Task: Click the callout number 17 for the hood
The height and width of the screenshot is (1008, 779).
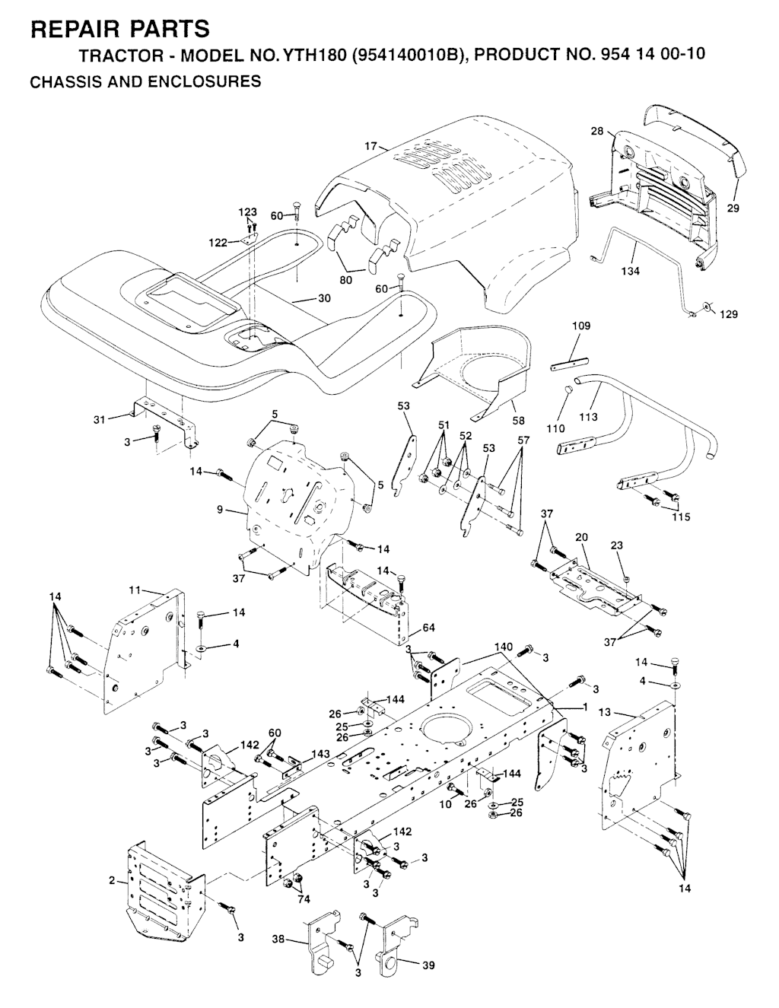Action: coord(370,147)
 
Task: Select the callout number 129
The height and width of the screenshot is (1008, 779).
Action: coord(729,314)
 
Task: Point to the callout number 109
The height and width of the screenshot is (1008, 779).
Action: coord(581,326)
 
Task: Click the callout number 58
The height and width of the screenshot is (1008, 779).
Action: coord(518,420)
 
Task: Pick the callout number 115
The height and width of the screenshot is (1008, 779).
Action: coord(681,517)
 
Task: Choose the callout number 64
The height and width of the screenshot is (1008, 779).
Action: coord(428,627)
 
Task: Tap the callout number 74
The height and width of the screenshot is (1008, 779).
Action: coord(304,898)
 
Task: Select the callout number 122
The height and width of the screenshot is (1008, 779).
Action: coord(218,243)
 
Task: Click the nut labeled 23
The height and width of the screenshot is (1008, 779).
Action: coord(625,578)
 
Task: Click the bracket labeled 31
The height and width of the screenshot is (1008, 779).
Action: coord(167,421)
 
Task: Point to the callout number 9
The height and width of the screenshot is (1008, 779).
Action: coord(220,510)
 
